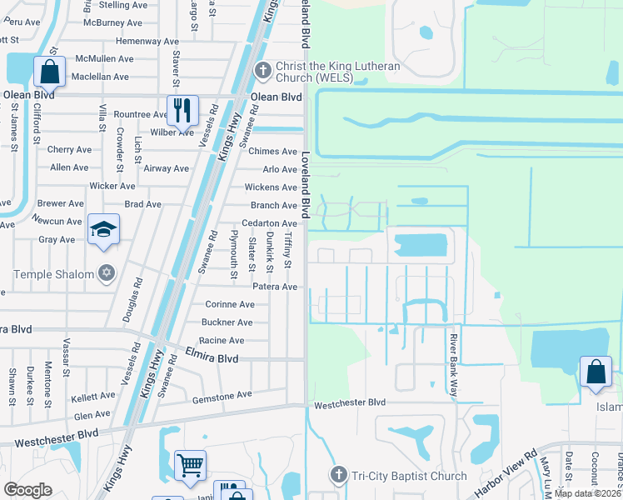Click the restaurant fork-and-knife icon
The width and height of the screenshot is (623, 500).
click(x=181, y=109)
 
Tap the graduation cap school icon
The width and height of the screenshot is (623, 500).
click(x=104, y=229)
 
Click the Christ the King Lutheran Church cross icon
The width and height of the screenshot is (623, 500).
click(x=262, y=69)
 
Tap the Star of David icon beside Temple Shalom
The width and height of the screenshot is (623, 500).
click(x=106, y=273)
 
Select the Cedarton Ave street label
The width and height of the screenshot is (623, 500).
click(x=269, y=224)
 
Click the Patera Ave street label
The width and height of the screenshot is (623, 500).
click(x=275, y=287)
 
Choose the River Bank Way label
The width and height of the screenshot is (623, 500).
click(x=454, y=367)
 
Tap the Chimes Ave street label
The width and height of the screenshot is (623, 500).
click(x=272, y=152)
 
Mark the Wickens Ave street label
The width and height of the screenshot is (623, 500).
click(x=271, y=187)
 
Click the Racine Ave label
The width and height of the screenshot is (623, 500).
click(x=223, y=341)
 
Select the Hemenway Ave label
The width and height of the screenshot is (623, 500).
click(x=147, y=41)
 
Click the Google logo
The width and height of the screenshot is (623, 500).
click(x=27, y=490)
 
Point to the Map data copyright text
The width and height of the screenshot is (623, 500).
click(x=588, y=493)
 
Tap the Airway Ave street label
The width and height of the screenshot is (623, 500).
click(x=166, y=168)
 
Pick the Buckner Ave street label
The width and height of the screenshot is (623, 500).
click(x=227, y=322)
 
